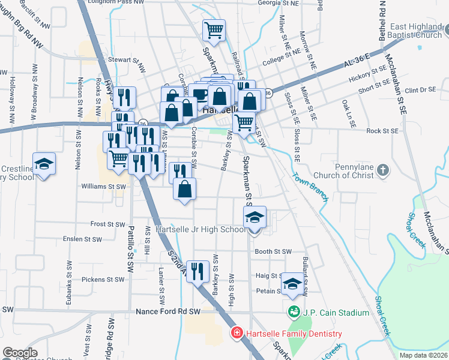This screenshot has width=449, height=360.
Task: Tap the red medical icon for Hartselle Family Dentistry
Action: click(238, 333)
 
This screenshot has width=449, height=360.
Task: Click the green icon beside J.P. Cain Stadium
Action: click(294, 311)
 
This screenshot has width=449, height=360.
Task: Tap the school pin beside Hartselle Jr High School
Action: click(255, 217)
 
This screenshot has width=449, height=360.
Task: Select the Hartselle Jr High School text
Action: click(199, 229)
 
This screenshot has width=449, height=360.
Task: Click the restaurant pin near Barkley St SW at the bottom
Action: click(197, 271)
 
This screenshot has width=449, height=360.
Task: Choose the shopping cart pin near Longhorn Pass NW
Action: click(214, 29)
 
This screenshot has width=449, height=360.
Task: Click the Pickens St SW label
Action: click(103, 280)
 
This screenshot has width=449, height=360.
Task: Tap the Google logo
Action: click(20, 353)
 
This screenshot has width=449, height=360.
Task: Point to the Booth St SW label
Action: click(273, 251)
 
